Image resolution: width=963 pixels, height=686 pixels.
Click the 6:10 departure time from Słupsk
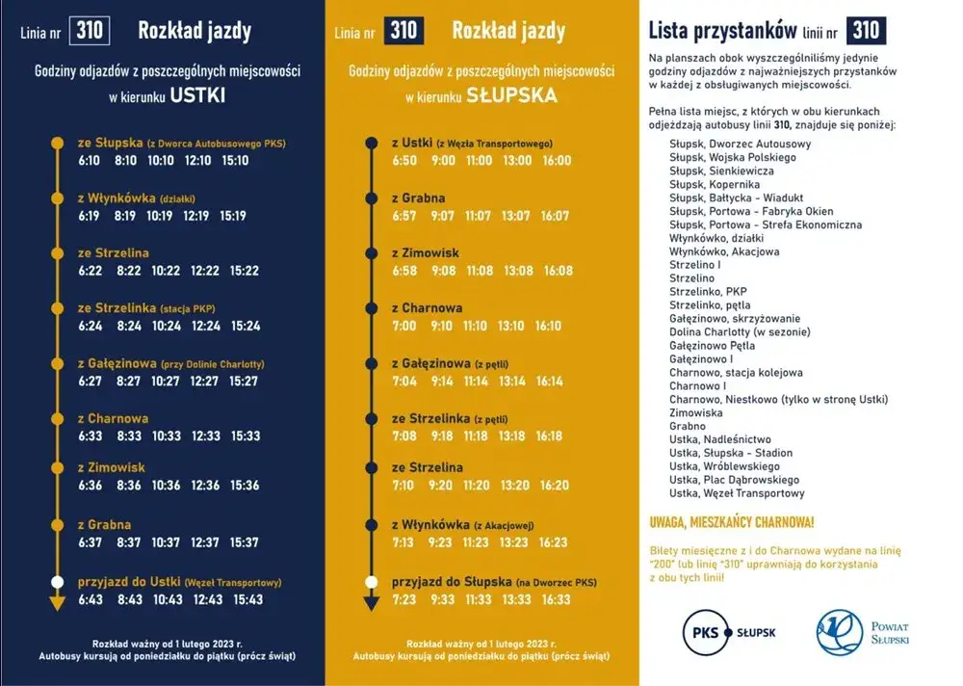pos(90,160)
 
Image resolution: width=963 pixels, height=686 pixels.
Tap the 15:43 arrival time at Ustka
pos(247,599)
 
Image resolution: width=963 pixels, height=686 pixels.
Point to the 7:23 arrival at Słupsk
pos(403,599)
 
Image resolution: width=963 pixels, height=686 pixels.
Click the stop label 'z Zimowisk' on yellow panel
pos(426,252)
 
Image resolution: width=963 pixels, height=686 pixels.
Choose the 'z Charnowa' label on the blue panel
pos(113,418)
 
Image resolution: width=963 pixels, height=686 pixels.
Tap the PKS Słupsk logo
pos(729,632)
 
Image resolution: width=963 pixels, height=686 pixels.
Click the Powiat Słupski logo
pos(862,631)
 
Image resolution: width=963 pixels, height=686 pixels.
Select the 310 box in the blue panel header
pos(90,32)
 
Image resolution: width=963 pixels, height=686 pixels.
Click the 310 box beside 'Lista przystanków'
pos(865,30)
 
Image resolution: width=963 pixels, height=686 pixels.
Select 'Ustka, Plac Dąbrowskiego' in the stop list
pos(734,480)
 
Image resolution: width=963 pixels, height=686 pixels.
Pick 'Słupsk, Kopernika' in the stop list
pos(715,184)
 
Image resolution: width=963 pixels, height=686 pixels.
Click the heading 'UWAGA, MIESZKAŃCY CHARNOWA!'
pos(732,522)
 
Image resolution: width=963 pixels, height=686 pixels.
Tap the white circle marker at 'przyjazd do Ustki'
pos(56,582)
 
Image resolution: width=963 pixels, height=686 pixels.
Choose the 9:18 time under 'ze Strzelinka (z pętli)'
pos(443,436)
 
